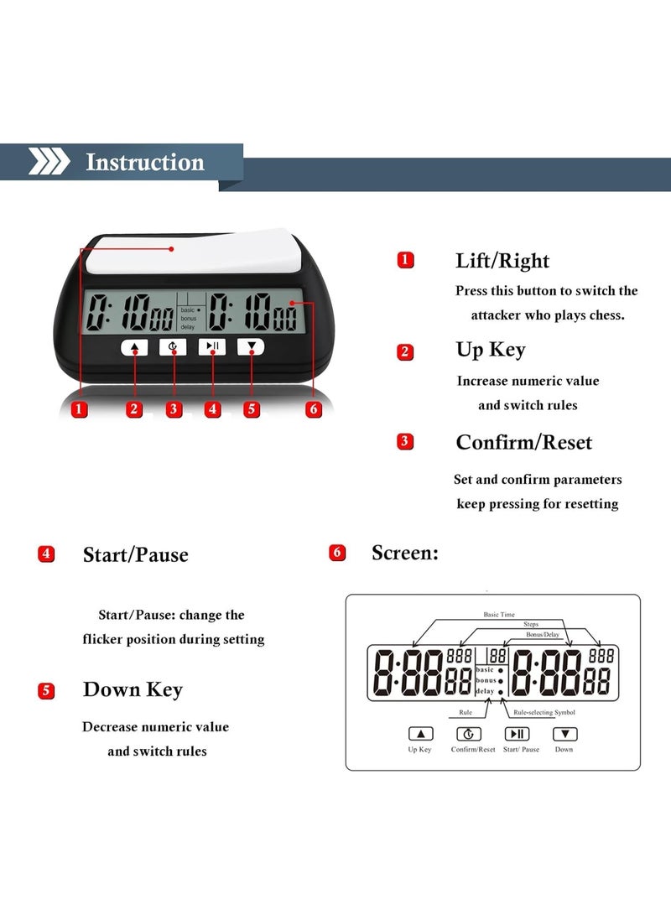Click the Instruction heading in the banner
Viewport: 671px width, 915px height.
coord(145,162)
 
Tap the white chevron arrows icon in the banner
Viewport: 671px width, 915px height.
coord(49,161)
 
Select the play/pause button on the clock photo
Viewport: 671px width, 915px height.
coord(211,346)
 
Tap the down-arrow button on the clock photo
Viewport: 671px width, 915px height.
coord(250,346)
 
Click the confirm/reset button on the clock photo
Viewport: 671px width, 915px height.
coord(173,346)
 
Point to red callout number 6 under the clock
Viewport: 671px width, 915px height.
coord(314,409)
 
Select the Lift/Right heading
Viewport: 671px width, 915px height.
coord(502,261)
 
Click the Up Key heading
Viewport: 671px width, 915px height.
coord(491,350)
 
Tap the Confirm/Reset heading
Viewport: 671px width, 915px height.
coord(523,442)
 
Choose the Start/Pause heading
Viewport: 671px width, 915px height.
coord(135,554)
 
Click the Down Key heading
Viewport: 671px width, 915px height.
coord(133,690)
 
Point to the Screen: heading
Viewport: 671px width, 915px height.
coord(404,553)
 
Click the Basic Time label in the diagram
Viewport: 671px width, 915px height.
coord(499,615)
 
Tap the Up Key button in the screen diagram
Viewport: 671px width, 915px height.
coord(420,734)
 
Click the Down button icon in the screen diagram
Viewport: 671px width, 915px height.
coord(564,734)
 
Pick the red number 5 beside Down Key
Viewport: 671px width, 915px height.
coord(47,691)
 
